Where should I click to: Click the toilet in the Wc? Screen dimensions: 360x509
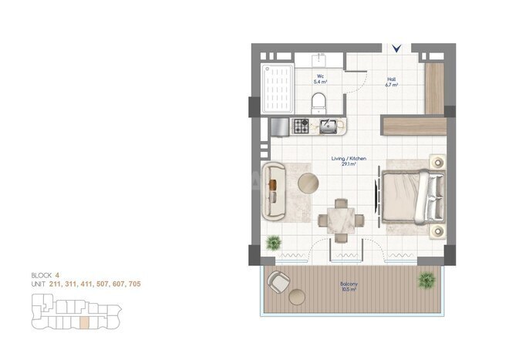(x=319, y=101)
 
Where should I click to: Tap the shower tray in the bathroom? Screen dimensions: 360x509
(x=278, y=88)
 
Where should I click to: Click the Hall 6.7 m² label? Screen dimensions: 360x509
(x=391, y=80)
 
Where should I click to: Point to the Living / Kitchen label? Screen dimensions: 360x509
(x=349, y=160)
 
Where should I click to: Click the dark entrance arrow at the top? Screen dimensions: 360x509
(x=396, y=48)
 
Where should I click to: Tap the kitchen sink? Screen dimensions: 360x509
(x=328, y=124)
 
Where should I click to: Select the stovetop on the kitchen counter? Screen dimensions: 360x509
(x=302, y=124)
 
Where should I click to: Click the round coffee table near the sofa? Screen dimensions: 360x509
(x=308, y=183)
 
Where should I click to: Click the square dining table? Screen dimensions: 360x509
(x=340, y=219)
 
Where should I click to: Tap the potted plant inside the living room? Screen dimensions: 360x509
(x=273, y=244)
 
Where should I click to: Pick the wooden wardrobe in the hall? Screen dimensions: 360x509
(x=434, y=85)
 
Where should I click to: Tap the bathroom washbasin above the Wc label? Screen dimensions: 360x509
(x=318, y=60)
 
